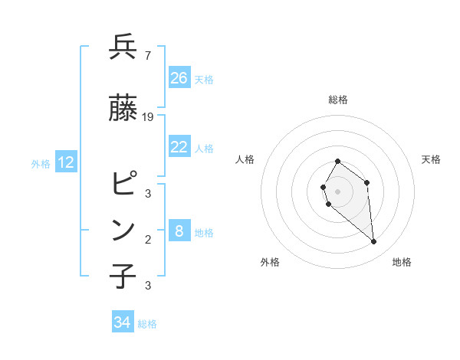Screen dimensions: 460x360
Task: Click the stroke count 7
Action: pyautogui.click(x=147, y=55)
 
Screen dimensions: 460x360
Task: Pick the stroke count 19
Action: pyautogui.click(x=148, y=116)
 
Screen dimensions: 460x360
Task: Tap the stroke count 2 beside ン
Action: pyautogui.click(x=147, y=239)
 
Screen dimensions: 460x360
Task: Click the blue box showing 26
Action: pyautogui.click(x=179, y=77)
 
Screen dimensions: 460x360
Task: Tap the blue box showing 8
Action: pyautogui.click(x=179, y=231)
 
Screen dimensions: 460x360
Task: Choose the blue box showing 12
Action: pyautogui.click(x=66, y=162)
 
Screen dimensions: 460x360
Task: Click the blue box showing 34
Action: pyautogui.click(x=123, y=322)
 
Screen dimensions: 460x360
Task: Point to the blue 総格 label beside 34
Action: pyautogui.click(x=147, y=324)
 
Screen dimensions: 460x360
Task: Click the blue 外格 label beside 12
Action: pyautogui.click(x=41, y=163)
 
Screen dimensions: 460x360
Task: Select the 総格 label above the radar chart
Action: pyautogui.click(x=338, y=100)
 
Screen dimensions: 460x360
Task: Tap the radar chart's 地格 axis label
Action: pyautogui.click(x=402, y=262)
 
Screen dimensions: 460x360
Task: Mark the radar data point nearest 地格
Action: pyautogui.click(x=374, y=242)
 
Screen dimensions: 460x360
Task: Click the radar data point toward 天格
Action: pyautogui.click(x=367, y=182)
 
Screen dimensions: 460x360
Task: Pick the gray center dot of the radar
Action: pyautogui.click(x=338, y=191)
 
